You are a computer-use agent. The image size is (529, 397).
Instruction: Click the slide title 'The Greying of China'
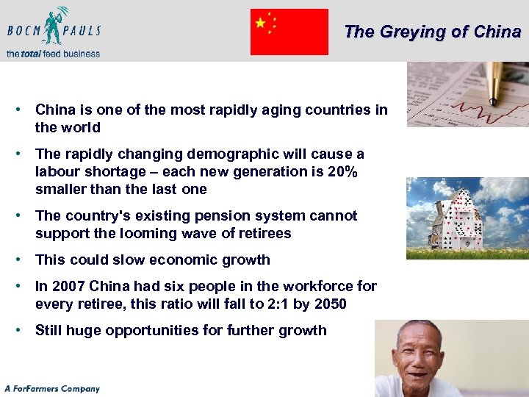point(432,32)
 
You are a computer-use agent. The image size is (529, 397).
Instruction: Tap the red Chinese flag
point(289,32)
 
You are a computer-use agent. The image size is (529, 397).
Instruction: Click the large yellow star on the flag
point(261,24)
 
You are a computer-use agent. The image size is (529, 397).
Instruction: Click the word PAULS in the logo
point(82,31)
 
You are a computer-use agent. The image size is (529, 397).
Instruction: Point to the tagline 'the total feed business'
point(52,53)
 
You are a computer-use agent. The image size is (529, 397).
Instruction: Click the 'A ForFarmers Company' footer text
point(51,388)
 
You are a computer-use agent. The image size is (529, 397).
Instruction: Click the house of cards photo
point(467,218)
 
